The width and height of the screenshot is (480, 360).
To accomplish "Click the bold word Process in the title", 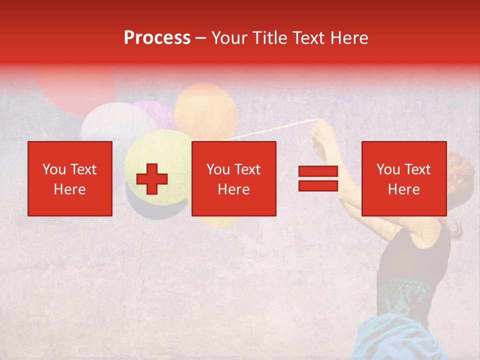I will click(157, 38).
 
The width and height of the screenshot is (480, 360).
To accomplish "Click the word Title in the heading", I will click(269, 38).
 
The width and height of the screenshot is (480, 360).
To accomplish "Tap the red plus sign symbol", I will click(152, 178).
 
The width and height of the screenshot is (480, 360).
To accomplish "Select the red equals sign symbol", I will click(318, 178).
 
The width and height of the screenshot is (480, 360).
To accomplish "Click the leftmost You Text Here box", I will click(70, 178).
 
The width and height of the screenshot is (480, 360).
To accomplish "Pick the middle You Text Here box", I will click(234, 178).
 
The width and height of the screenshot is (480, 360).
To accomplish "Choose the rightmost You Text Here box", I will click(403, 178).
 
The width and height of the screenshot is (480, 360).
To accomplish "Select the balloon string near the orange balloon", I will click(270, 129).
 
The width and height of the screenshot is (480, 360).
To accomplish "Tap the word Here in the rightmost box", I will click(403, 189).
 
